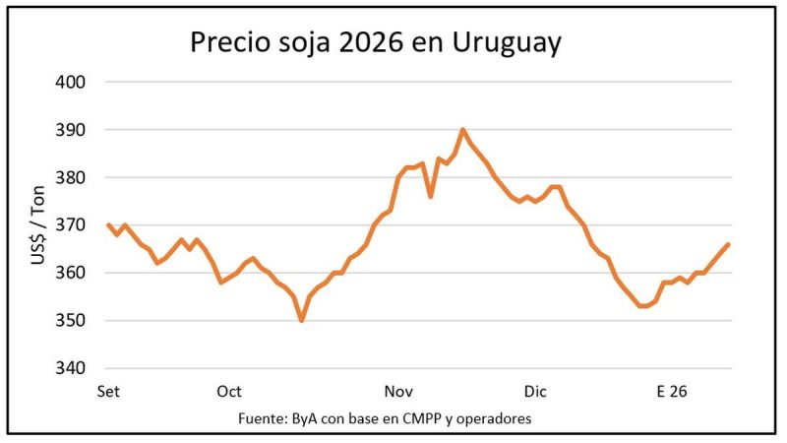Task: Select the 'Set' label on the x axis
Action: [108, 391]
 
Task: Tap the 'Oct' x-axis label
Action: [229, 391]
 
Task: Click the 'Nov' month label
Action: [396, 391]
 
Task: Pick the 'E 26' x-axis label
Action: [672, 391]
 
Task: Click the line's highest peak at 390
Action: [462, 130]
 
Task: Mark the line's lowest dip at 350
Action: [301, 321]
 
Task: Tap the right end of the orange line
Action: [728, 244]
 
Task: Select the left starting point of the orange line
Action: [108, 225]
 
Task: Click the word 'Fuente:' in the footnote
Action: [261, 419]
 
